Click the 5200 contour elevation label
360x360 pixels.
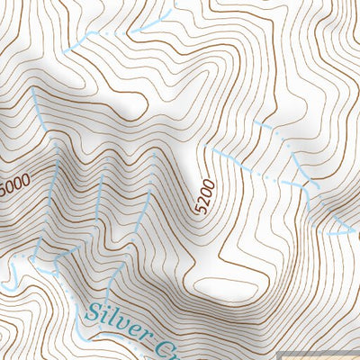pos(204,196)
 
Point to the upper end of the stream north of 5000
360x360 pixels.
pos(34,90)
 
